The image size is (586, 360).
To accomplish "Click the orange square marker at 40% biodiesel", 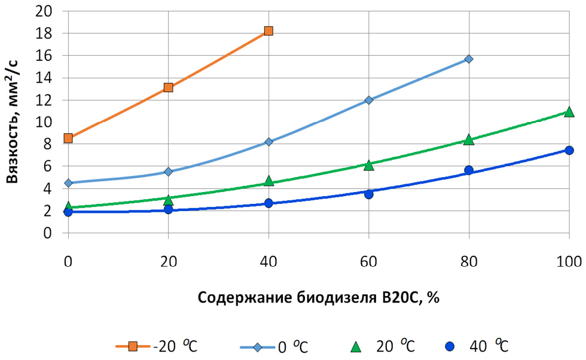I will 268,30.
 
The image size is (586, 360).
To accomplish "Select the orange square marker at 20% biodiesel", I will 168,87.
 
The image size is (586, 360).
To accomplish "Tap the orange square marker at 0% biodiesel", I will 68,138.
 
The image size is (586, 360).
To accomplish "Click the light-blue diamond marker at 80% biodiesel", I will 469,59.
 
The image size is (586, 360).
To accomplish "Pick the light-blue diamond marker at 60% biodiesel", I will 368,100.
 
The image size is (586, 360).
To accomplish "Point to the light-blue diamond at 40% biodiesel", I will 268,142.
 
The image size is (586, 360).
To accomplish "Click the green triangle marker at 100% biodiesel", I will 569,112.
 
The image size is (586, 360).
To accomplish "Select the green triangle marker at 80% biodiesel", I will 469,140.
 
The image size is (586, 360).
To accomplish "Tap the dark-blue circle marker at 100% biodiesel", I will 569,150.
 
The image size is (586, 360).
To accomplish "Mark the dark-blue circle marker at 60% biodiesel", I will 368,194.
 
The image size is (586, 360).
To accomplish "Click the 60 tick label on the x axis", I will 368,261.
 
